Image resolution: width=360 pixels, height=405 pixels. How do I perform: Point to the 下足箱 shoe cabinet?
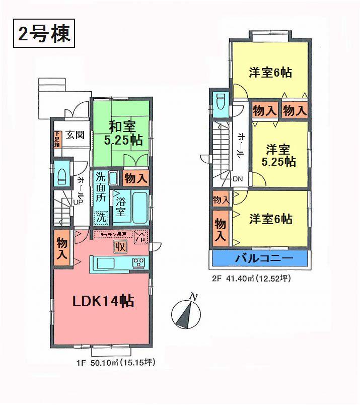[x=57, y=139]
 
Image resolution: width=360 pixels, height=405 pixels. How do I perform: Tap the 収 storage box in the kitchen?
[x=120, y=246]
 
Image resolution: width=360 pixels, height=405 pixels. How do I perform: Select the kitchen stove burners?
[x=138, y=263]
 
